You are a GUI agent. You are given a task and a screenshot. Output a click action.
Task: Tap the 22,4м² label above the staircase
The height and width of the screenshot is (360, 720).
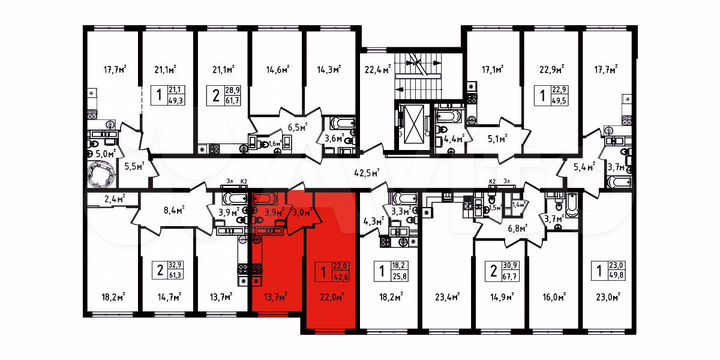point(376,69)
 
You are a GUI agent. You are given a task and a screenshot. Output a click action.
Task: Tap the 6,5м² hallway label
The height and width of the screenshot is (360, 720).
point(296,127)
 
